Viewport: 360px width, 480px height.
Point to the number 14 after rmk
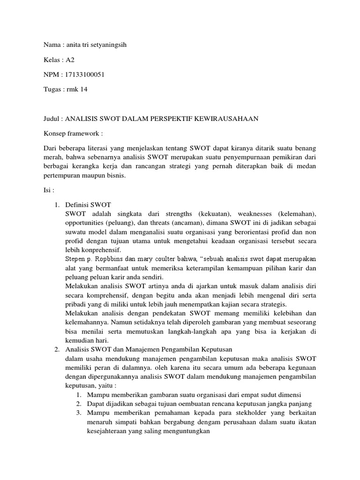click(83, 90)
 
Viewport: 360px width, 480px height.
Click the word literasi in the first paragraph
click(97, 148)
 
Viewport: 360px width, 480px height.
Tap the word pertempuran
click(63, 176)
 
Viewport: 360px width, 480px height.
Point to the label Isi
click(48, 191)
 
